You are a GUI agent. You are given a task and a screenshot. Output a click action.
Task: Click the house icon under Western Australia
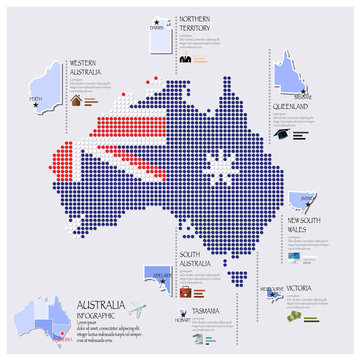point(77,100)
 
